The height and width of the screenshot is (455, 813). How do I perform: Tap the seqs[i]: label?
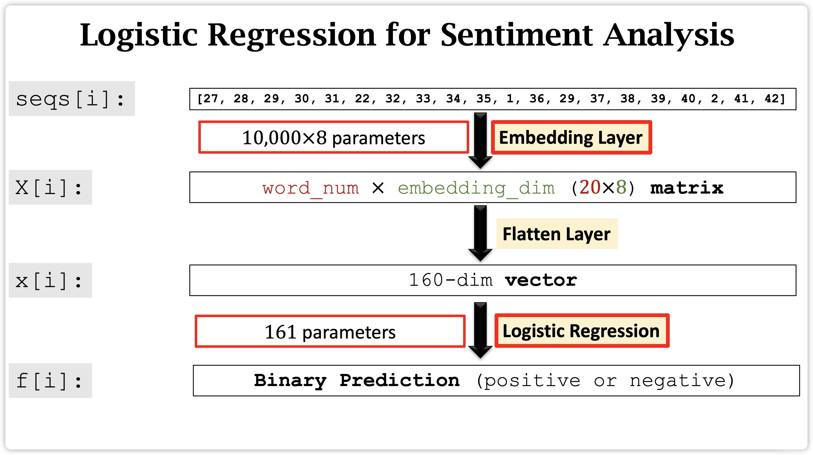(x=71, y=99)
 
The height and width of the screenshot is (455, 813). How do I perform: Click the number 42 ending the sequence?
(x=772, y=99)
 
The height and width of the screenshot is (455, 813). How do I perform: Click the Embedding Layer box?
(x=571, y=137)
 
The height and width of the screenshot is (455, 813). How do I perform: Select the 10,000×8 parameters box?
(x=333, y=137)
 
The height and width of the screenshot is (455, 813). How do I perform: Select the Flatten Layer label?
(x=556, y=234)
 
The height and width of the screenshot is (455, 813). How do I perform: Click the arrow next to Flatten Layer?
(x=480, y=233)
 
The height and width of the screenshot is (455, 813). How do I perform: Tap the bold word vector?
(x=541, y=280)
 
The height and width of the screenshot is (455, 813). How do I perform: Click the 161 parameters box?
(x=330, y=331)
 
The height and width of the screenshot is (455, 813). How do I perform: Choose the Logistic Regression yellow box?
(x=581, y=331)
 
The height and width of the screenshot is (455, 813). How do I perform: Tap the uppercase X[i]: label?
(x=50, y=187)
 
